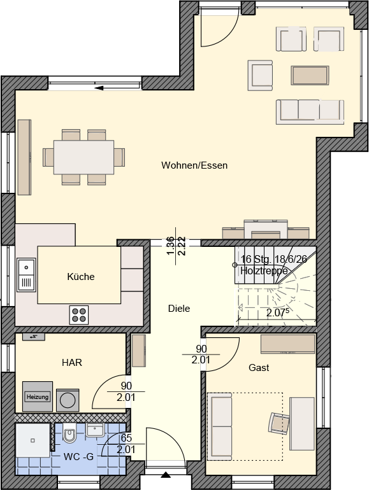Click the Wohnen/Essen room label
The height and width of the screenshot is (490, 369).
(x=194, y=165)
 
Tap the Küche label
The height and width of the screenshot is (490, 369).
(x=81, y=277)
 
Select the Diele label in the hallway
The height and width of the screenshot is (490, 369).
(x=179, y=309)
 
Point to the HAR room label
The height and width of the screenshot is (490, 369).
(x=72, y=363)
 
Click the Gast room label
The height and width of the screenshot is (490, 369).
(x=259, y=368)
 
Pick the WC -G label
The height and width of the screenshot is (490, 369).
(x=78, y=457)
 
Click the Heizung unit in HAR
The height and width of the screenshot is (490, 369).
(x=38, y=396)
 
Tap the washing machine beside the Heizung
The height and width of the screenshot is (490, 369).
(x=68, y=400)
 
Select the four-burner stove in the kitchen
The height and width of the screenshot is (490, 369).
(x=79, y=315)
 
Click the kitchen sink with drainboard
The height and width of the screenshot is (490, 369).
(x=26, y=275)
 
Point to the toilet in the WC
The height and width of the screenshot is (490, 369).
(x=69, y=433)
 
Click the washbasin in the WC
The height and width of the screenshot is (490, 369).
(x=95, y=430)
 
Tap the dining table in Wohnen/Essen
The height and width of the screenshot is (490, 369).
(x=83, y=157)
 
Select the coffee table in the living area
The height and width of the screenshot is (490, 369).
(x=310, y=75)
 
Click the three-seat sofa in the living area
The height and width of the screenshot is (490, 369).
(x=310, y=112)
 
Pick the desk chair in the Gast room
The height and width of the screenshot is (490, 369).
(x=279, y=423)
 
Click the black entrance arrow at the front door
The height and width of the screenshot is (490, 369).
(x=166, y=475)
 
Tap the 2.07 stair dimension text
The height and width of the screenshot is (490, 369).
(x=277, y=312)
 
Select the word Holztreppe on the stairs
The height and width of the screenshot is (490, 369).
(x=264, y=270)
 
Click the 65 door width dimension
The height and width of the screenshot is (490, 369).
(x=126, y=438)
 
